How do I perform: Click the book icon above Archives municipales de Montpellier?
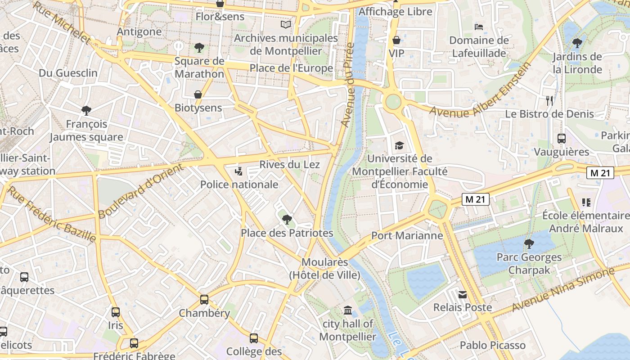286,24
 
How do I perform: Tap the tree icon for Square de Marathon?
199,47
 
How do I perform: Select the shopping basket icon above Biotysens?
198,94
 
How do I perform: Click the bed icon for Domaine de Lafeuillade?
479,27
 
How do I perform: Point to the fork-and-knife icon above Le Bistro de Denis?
549,101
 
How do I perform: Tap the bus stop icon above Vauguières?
561,138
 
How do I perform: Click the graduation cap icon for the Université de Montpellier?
399,145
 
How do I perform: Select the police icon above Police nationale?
238,171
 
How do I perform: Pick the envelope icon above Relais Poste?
462,295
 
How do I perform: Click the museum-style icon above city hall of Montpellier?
348,310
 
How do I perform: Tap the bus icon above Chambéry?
204,299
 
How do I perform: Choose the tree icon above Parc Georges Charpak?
529,244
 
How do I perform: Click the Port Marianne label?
407,235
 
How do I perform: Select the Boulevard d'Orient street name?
141,191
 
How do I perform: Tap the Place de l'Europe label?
291,68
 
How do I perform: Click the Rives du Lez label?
289,164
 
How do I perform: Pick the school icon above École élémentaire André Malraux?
585,202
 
